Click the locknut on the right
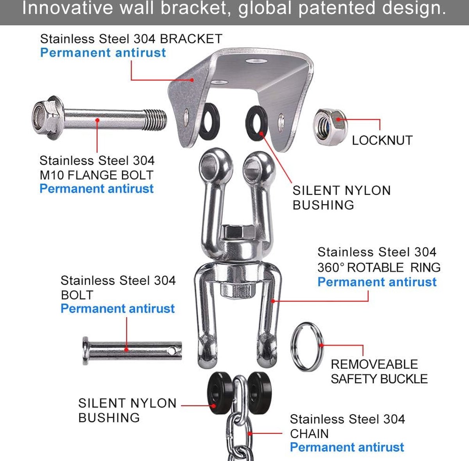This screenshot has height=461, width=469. coord(330,127)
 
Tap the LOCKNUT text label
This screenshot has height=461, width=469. coord(382,140)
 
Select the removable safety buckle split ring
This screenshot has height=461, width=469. coord(307,347)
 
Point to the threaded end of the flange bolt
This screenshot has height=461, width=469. coord(155,120)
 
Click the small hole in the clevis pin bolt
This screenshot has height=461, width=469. coord(172,351)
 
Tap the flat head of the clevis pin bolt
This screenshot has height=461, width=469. coord(86,351)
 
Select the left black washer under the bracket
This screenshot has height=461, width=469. coord(209,121)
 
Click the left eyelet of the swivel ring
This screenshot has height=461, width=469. coord(215,164)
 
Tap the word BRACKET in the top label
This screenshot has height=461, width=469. coord(191,39)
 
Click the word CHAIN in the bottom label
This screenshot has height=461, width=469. coord(309,434)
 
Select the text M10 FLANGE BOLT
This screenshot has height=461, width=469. coord(97,175)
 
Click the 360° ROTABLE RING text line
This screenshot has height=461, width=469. coord(379,267)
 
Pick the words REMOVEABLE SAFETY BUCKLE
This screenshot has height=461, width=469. coord(379,372)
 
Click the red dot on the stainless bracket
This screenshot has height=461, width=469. coord(192,80)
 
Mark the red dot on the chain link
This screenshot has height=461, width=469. coord(250,433)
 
